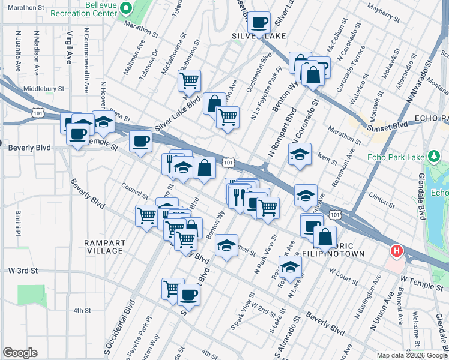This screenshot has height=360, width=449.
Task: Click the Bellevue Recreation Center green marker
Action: click(x=126, y=8)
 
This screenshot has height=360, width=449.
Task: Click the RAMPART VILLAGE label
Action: click(x=104, y=247)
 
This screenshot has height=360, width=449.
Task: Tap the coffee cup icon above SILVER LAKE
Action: click(x=259, y=22)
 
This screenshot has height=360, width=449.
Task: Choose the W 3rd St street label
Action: click(x=20, y=271)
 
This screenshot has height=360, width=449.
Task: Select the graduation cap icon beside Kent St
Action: click(x=300, y=154)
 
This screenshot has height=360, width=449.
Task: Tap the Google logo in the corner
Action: click(x=20, y=353)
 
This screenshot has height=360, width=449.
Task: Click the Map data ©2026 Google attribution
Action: click(x=412, y=355)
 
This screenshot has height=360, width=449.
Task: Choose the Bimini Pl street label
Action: click(x=18, y=222)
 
